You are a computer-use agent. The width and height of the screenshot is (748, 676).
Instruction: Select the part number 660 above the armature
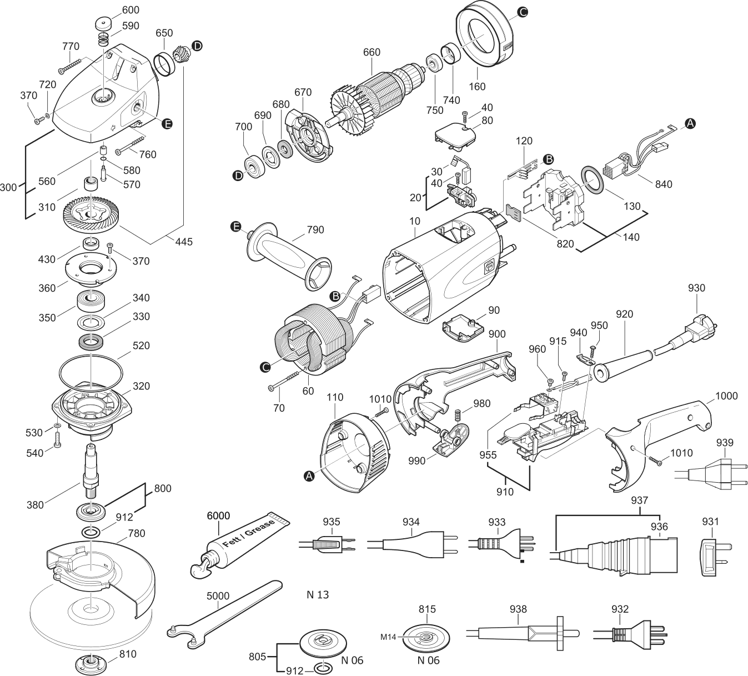(372, 52)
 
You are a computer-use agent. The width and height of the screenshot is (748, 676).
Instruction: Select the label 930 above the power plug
(696, 288)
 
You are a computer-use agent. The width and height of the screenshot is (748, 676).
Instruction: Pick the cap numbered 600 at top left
(103, 26)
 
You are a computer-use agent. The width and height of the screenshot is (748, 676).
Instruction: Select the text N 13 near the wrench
(318, 595)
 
